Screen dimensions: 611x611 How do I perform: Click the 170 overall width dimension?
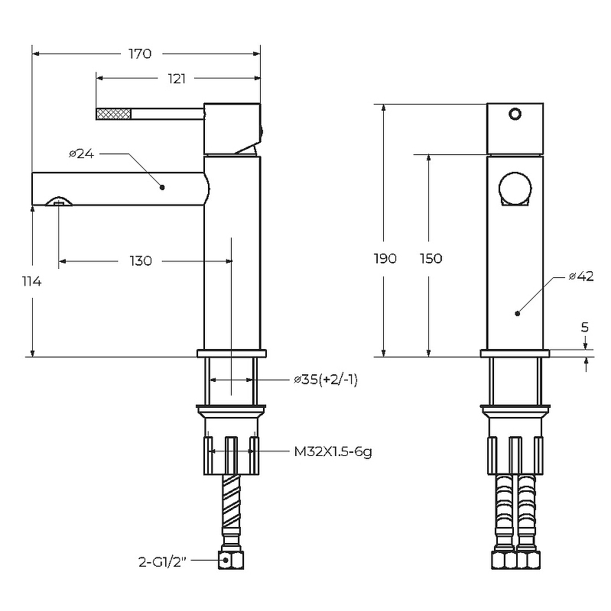(140, 54)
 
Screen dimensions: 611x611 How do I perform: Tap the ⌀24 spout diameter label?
(81, 154)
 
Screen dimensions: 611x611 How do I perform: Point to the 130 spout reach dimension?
(141, 261)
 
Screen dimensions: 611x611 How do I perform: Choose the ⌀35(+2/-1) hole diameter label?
(325, 380)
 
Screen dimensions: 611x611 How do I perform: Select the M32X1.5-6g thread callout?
(333, 451)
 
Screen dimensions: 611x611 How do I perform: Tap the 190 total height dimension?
(385, 258)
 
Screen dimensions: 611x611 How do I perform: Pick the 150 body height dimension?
(431, 258)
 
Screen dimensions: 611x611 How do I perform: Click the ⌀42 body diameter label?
(581, 276)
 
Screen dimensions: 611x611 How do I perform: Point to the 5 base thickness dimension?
(585, 327)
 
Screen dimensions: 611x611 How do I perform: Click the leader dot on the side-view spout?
(163, 186)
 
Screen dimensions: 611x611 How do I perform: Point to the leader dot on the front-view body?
(517, 312)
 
